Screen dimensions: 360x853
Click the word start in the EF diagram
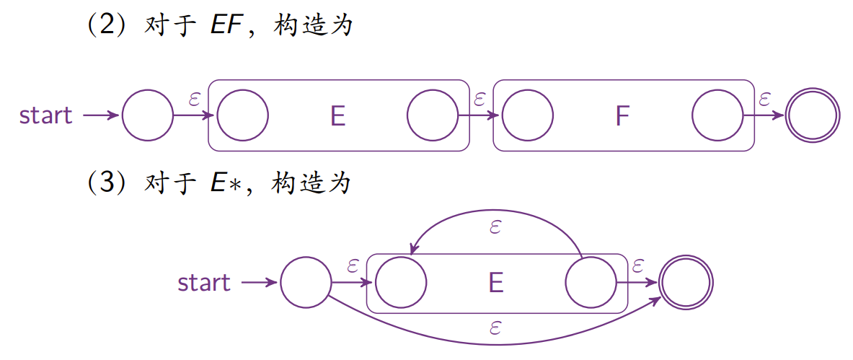pyautogui.click(x=46, y=115)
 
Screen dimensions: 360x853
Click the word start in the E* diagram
pyautogui.click(x=204, y=283)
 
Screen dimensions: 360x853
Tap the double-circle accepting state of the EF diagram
pyautogui.click(x=813, y=115)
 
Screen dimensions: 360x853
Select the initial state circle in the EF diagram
pyautogui.click(x=148, y=115)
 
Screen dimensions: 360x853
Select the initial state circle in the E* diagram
pyautogui.click(x=306, y=283)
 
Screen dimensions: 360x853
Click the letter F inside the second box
pyautogui.click(x=622, y=116)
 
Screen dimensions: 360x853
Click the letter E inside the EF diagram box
pyautogui.click(x=337, y=116)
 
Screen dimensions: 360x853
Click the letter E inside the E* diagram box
pyautogui.click(x=495, y=283)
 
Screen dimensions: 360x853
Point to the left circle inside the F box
pyautogui.click(x=527, y=115)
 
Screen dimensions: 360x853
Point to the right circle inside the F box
pyautogui.click(x=717, y=115)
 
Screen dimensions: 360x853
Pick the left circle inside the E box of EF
pyautogui.click(x=242, y=115)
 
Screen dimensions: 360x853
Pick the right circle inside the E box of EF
pyautogui.click(x=433, y=115)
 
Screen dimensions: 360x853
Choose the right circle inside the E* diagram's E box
pyautogui.click(x=591, y=283)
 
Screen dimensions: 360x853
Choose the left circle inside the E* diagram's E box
pyautogui.click(x=401, y=283)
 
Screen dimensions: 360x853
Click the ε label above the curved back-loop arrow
pyautogui.click(x=495, y=228)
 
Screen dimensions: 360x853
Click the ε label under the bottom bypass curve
pyautogui.click(x=495, y=328)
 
